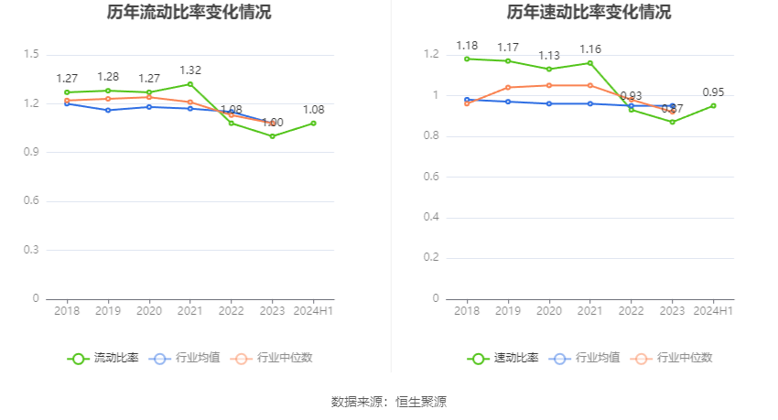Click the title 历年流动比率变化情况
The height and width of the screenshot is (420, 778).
[189, 13]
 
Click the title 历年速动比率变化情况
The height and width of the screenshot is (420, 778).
[589, 13]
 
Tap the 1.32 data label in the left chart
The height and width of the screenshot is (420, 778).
[190, 70]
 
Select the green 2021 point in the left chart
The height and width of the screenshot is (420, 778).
[190, 84]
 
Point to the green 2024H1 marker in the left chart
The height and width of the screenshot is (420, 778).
[313, 123]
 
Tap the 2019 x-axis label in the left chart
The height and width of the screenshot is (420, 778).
[108, 311]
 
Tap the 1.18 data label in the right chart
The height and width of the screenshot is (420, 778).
[467, 46]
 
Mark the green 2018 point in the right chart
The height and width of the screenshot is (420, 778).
[467, 59]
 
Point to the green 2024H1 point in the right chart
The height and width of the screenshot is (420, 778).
[713, 105]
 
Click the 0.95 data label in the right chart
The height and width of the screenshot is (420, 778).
[713, 92]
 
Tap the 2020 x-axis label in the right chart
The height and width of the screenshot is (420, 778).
[549, 311]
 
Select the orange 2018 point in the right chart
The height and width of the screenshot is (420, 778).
[467, 103]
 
